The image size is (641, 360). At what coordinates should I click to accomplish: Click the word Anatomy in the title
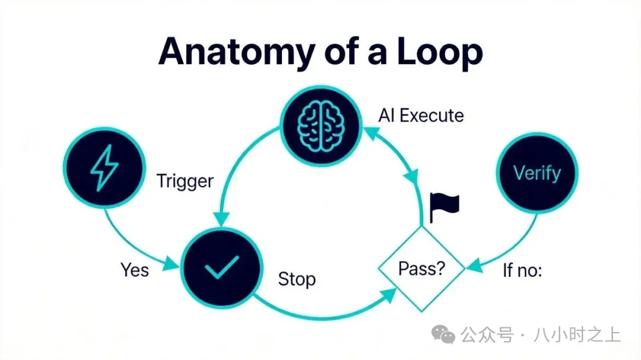(236, 53)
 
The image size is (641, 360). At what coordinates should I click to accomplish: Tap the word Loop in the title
(440, 53)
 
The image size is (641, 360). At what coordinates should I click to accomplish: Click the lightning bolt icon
(104, 167)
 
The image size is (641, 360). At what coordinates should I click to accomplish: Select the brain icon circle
(321, 126)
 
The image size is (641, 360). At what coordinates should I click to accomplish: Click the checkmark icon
(221, 267)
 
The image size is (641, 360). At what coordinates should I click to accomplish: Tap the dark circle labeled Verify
(537, 173)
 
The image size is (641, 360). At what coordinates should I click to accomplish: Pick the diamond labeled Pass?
(421, 269)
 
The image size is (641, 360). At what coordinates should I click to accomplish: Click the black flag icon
(445, 208)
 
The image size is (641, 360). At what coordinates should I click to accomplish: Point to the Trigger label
(185, 181)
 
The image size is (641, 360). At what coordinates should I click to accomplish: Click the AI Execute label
(421, 116)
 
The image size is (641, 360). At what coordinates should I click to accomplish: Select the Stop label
(297, 279)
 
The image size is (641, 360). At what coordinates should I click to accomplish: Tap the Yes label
(135, 270)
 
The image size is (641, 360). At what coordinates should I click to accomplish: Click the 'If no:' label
(522, 270)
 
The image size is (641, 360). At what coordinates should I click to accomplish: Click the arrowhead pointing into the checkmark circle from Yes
(172, 264)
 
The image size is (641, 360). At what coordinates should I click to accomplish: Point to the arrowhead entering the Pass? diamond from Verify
(474, 265)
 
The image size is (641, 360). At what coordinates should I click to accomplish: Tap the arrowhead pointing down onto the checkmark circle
(221, 219)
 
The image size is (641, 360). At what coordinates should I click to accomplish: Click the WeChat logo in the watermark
(443, 334)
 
